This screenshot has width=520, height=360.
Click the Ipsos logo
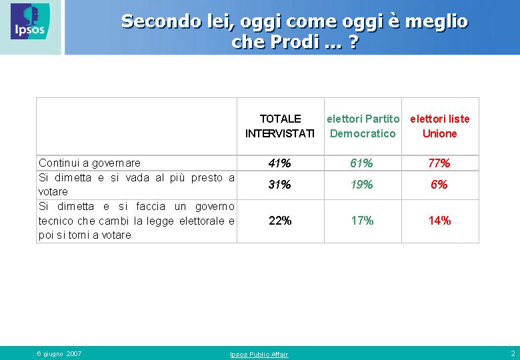30,21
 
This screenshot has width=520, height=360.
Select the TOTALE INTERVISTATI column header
280,126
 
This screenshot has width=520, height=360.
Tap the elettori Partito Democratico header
363,126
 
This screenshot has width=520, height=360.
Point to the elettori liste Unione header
440,126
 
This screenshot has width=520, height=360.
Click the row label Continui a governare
89,163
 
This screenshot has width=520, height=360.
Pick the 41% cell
279,163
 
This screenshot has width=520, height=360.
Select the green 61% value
361,163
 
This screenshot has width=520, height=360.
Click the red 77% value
439,163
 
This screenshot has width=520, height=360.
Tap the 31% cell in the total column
279,184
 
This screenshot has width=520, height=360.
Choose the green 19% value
361,184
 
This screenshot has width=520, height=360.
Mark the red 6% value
439,184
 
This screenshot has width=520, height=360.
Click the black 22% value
280,221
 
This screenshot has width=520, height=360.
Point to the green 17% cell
362,221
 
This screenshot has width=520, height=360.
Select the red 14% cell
439,221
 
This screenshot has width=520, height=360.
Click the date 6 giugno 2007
59,354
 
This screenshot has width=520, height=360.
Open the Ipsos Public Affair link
259,355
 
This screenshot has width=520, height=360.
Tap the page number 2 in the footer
513,353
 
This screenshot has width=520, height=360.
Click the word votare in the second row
53,191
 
